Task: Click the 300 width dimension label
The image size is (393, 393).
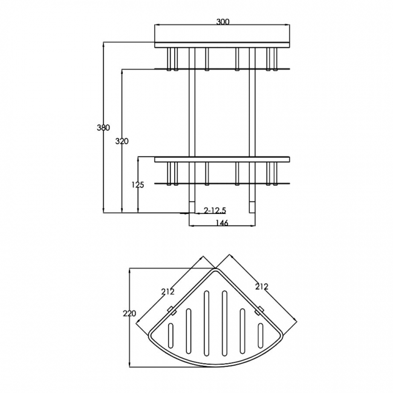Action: click(x=222, y=22)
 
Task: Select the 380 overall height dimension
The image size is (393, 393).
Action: click(x=103, y=128)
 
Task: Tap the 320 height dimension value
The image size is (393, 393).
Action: click(x=122, y=141)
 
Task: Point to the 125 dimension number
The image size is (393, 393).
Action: click(x=138, y=185)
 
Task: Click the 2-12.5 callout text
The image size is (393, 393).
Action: click(x=215, y=210)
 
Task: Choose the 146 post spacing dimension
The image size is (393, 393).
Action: click(x=222, y=223)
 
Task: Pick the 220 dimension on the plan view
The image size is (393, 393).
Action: click(x=129, y=314)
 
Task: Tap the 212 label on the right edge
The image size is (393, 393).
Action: click(x=261, y=286)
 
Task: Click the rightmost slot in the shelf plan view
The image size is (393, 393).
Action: click(x=261, y=334)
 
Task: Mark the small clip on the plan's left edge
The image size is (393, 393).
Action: click(x=171, y=313)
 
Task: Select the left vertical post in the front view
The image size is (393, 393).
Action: click(x=193, y=121)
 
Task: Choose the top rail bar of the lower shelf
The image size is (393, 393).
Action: click(x=222, y=160)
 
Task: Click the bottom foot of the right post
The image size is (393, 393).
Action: click(x=251, y=208)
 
